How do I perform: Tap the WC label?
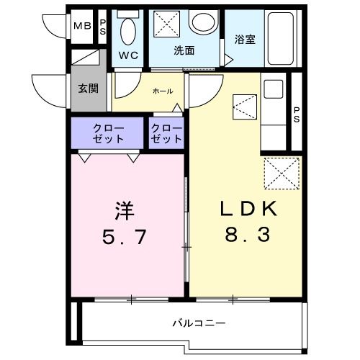pyautogui.click(x=128, y=55)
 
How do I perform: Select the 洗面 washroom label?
pyautogui.click(x=184, y=50)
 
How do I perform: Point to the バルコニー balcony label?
pyautogui.click(x=198, y=322)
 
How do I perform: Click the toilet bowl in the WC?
pyautogui.click(x=129, y=31)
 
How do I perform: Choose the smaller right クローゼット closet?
pyautogui.click(x=166, y=133)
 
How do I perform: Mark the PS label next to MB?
pyautogui.click(x=102, y=27)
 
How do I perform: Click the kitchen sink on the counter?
pyautogui.click(x=272, y=90)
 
